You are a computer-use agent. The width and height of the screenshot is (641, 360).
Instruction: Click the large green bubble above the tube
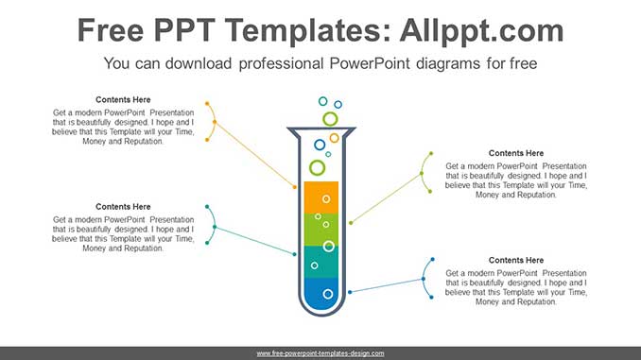pyautogui.click(x=330, y=118)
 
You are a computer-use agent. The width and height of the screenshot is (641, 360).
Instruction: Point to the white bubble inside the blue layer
pyautogui.click(x=328, y=294)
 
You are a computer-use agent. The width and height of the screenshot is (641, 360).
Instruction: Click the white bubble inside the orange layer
pyautogui.click(x=326, y=198)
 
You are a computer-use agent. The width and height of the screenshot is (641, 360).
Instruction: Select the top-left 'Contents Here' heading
pyautogui.click(x=123, y=99)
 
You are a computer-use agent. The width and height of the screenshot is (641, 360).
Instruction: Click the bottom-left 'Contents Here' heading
pyautogui.click(x=123, y=206)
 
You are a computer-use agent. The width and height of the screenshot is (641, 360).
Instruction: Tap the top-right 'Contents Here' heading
pyautogui.click(x=516, y=153)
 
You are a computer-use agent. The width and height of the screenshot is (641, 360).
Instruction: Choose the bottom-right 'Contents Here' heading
pyautogui.click(x=516, y=260)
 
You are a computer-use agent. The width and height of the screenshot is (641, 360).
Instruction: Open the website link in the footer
pyautogui.click(x=320, y=353)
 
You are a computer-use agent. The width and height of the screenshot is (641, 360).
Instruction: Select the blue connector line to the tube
pyautogui.click(x=388, y=285)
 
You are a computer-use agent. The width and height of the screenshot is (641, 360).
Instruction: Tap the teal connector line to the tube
pyautogui.click(x=255, y=241)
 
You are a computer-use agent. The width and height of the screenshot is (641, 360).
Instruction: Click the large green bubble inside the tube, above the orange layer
pyautogui.click(x=318, y=167)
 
